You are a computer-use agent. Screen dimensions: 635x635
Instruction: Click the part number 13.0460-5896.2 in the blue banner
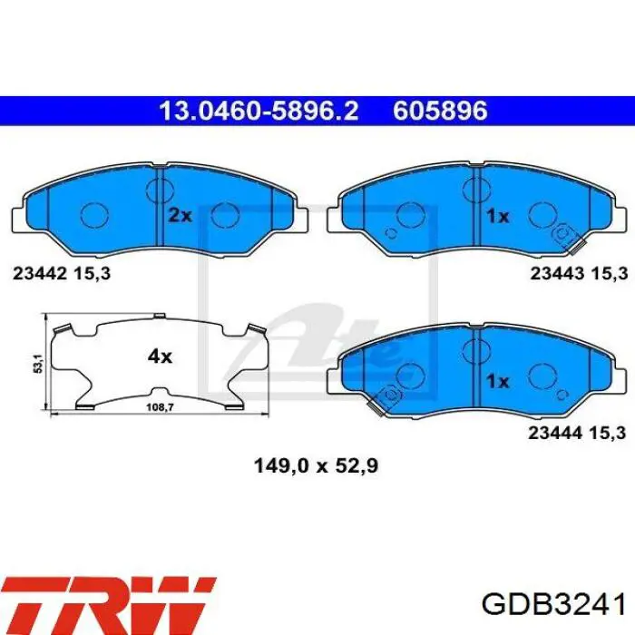click(x=259, y=111)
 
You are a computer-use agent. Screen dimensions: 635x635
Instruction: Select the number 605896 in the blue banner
click(x=440, y=111)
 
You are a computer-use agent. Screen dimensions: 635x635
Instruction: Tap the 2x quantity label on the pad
click(x=180, y=216)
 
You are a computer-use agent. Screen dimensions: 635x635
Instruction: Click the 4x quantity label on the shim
click(x=160, y=357)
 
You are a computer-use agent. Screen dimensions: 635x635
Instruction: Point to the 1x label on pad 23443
click(x=497, y=216)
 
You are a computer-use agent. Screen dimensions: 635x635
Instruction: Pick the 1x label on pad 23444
click(x=497, y=381)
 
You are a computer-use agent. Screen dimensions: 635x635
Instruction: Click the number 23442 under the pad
click(x=40, y=274)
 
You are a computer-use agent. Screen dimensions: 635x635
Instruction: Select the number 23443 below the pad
click(x=557, y=274)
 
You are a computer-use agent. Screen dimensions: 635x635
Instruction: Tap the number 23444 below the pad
click(x=555, y=434)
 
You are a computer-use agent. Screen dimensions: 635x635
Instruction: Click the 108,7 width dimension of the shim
click(x=160, y=407)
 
